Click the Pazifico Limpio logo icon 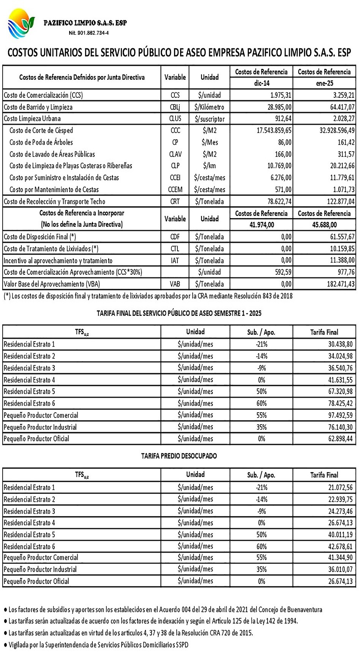(21, 24)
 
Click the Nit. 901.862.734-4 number (89, 33)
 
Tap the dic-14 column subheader (261, 83)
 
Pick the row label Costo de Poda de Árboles (41, 142)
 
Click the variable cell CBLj (175, 107)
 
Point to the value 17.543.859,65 (274, 130)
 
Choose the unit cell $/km (209, 166)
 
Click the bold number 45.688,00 (324, 225)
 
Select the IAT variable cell (175, 261)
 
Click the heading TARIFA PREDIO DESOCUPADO (179, 456)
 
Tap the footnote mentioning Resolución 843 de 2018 (148, 296)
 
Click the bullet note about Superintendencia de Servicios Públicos (98, 645)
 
